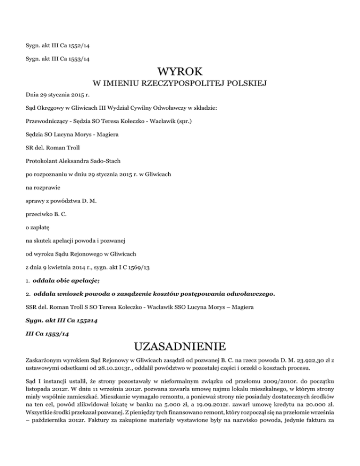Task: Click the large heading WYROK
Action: tap(180, 71)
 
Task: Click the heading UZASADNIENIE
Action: tap(180, 347)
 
